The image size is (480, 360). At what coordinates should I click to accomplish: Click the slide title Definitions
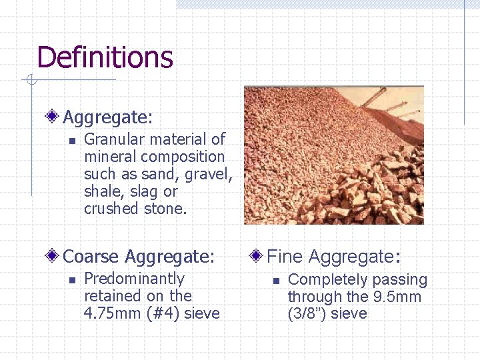[x=105, y=57]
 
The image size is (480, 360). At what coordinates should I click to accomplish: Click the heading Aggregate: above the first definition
[x=107, y=117]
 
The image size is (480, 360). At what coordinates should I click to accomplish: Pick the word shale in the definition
[x=103, y=191]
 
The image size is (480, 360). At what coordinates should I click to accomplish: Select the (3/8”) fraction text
[x=307, y=314]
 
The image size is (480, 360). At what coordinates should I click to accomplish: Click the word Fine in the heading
[x=285, y=257]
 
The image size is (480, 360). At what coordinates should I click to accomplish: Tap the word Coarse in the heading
[x=91, y=257]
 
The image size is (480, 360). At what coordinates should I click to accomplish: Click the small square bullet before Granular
[x=73, y=141]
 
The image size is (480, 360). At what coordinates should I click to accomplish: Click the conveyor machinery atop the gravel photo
[x=393, y=103]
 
